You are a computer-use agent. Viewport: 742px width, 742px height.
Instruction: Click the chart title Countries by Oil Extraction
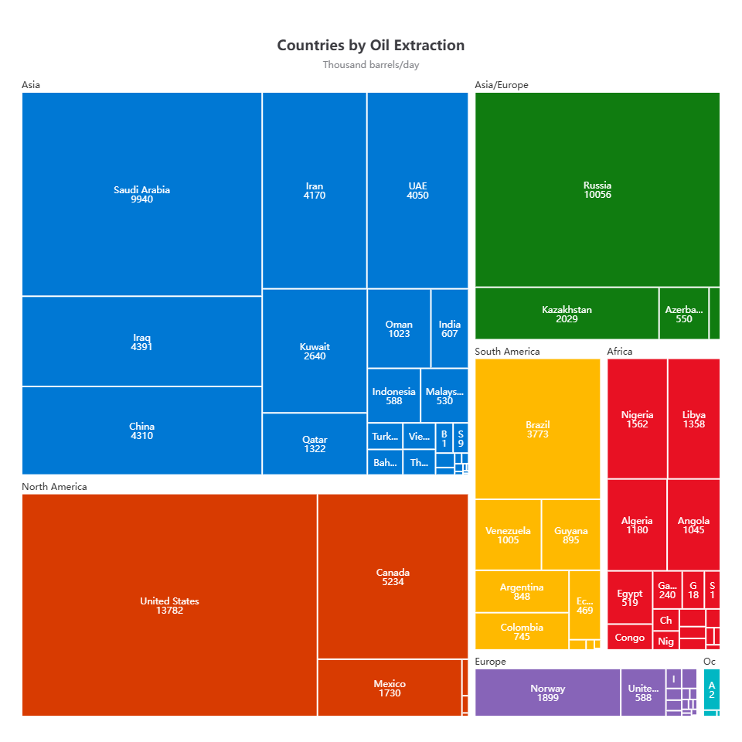point(371,46)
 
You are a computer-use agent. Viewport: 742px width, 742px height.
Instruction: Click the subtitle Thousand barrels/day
point(371,65)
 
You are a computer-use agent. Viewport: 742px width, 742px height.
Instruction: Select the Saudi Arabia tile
point(141,194)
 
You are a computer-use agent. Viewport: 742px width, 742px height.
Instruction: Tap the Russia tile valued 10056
point(597,190)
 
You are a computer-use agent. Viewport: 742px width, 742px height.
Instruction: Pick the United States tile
point(169,605)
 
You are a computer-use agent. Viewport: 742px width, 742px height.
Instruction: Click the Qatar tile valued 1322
point(315,444)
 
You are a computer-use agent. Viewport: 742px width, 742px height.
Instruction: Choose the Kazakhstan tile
point(567,314)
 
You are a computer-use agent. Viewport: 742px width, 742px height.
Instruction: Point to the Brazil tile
point(537,429)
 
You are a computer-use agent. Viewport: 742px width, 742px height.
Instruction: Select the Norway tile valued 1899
point(547,693)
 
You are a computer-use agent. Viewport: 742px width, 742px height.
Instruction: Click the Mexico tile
point(390,688)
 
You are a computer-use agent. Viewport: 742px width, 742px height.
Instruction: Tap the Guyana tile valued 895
point(570,535)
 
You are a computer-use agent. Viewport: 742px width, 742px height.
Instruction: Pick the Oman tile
point(399,328)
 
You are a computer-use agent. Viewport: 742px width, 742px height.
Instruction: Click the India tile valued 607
point(449,328)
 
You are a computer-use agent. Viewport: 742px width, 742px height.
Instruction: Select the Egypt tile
point(629,597)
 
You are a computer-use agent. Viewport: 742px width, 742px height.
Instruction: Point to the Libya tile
point(693,419)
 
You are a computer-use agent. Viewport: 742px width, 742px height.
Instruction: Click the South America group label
point(507,352)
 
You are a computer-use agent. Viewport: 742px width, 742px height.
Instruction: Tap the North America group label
point(54,487)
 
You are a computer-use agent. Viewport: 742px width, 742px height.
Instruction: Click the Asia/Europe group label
point(501,85)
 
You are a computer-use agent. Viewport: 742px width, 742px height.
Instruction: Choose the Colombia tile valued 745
point(522,631)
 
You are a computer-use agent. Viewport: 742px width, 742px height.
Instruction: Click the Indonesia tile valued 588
point(393,396)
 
